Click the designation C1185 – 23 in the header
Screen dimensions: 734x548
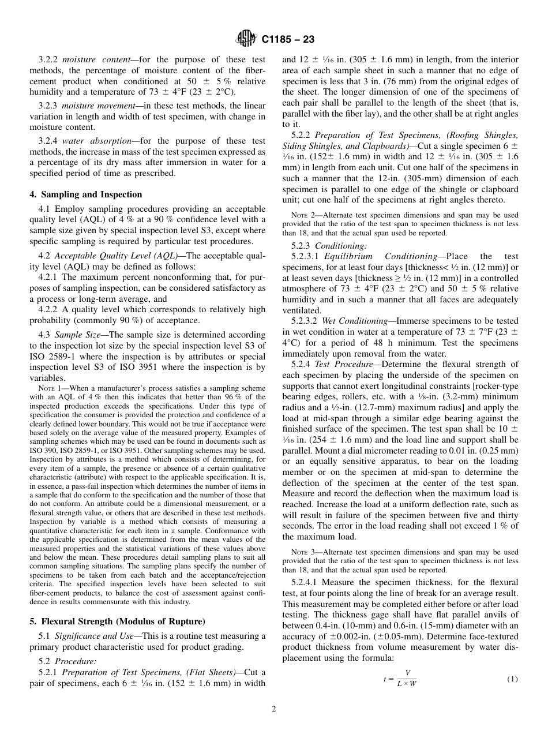[x=287, y=40]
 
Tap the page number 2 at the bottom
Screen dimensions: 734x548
[x=274, y=709]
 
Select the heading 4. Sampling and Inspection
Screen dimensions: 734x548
[x=85, y=194]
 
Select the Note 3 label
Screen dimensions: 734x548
[x=301, y=552]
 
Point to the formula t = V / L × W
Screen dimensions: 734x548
[x=401, y=679]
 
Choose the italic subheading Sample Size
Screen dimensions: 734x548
[x=85, y=335]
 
